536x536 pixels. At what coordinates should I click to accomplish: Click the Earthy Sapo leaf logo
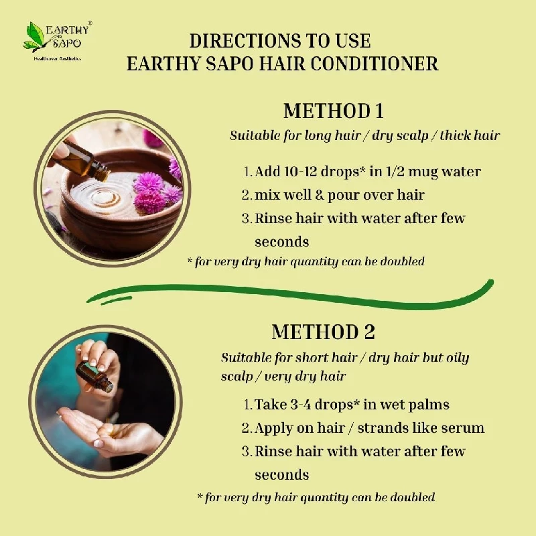[x=34, y=37]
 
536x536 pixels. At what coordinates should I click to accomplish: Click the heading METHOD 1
[x=333, y=111]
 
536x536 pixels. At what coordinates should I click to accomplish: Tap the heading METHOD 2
[x=323, y=332]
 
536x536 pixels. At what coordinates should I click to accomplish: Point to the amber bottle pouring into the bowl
[x=86, y=161]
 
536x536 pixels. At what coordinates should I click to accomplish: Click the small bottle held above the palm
[x=94, y=376]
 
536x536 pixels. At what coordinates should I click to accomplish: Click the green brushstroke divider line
[x=290, y=295]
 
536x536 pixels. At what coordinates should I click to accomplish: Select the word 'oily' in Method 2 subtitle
[x=457, y=358]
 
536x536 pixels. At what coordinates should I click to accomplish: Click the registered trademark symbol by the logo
[x=90, y=23]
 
